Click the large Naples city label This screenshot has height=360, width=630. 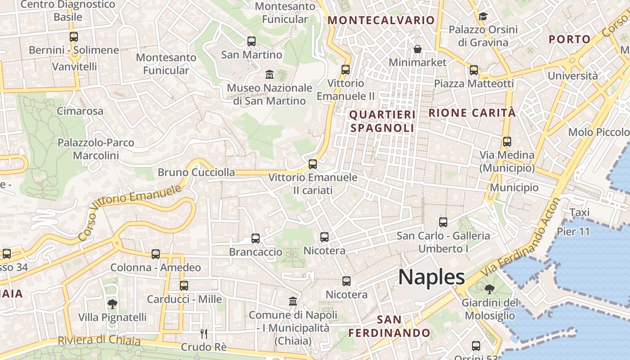(431, 277)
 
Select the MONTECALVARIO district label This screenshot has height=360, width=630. (381, 20)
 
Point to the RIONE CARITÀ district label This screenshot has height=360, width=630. (472, 113)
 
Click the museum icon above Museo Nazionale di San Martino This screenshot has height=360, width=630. (270, 74)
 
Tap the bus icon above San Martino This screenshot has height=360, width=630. (252, 41)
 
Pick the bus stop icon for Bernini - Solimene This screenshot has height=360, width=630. (74, 37)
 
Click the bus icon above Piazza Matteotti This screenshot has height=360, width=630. (474, 70)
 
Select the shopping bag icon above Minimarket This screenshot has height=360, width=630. (418, 49)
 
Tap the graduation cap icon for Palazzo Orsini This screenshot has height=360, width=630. (483, 17)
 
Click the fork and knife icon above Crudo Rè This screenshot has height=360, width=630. (203, 333)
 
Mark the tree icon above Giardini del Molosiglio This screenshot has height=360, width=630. (490, 289)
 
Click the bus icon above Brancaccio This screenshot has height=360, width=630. (256, 238)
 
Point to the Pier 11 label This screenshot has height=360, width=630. (573, 232)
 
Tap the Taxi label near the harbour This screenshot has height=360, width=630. (579, 212)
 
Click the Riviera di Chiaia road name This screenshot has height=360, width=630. (99, 340)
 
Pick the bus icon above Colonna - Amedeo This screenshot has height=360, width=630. (156, 254)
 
